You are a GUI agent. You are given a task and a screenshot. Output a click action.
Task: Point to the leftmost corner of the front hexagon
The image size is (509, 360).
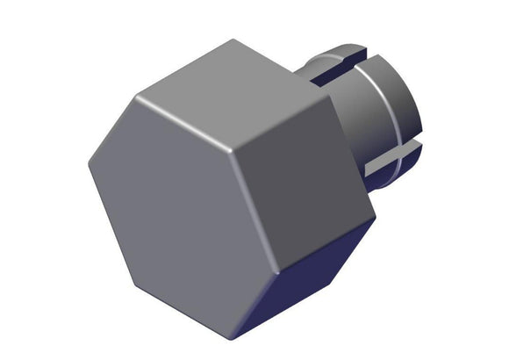click(89, 162)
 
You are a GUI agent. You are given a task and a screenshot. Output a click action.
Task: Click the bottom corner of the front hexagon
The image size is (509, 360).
click(230, 340)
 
